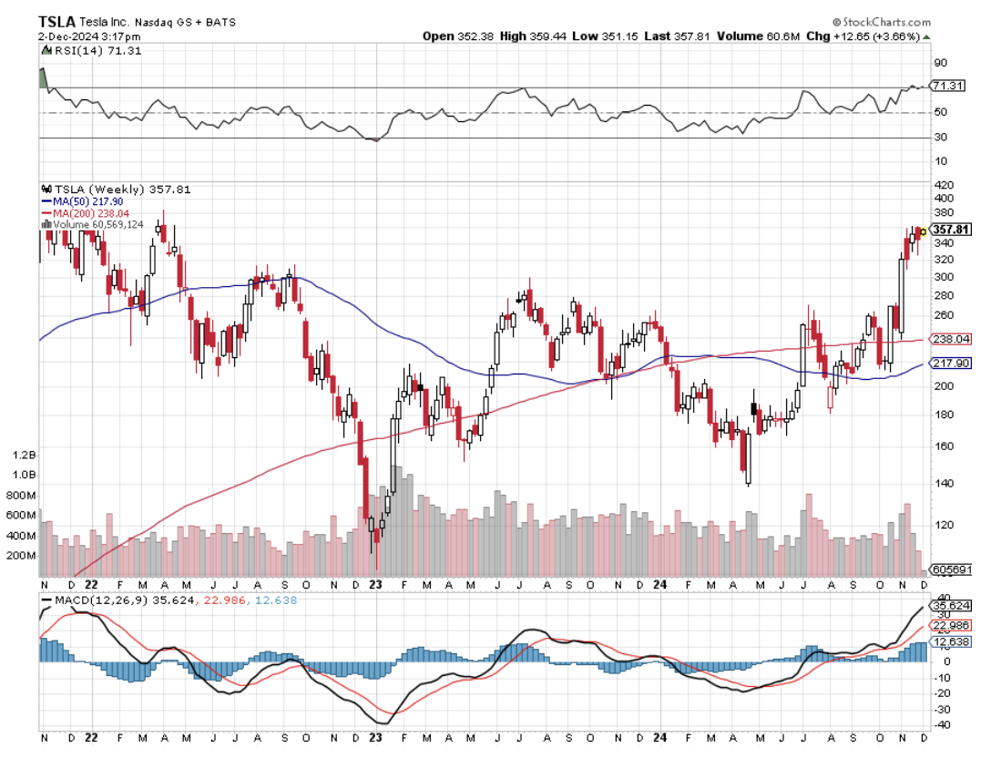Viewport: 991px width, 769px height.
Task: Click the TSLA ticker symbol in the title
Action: (56, 21)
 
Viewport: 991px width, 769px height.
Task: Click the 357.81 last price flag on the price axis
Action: (948, 231)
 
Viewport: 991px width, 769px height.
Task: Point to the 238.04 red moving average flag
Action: (947, 339)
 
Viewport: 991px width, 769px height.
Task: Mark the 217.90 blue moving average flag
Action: (947, 363)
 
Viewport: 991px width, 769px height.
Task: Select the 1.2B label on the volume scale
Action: (26, 454)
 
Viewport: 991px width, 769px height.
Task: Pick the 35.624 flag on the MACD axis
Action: (949, 605)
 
